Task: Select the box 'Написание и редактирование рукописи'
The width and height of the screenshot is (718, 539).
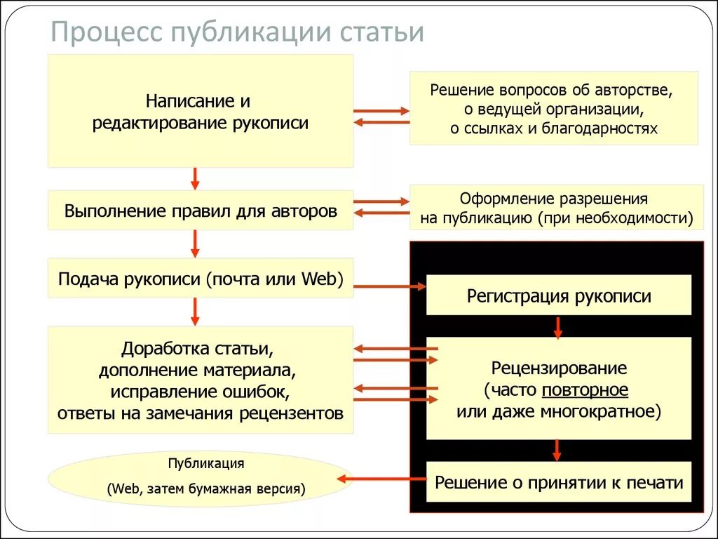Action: [200, 112]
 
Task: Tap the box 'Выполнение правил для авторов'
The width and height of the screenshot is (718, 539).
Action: [200, 211]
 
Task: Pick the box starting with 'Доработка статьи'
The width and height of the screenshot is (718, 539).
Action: [200, 380]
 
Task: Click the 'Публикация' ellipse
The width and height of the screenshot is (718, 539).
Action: [200, 478]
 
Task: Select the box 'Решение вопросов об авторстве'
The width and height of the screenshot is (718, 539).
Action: [553, 108]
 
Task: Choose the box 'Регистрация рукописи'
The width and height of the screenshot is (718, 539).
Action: [558, 295]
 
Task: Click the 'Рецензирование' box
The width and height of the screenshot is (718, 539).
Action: [558, 388]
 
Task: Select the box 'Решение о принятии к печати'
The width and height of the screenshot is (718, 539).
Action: [558, 482]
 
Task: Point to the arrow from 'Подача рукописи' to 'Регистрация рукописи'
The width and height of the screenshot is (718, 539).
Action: [390, 286]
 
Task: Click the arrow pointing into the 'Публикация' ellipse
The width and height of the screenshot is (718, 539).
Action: [382, 479]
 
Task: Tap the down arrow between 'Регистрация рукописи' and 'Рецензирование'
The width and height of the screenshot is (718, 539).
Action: [558, 326]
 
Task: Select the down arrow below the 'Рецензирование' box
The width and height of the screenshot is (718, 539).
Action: [558, 450]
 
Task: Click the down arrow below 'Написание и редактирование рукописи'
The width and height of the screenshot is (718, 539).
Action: [196, 178]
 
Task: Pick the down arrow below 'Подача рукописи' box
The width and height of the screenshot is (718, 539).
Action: [196, 312]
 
